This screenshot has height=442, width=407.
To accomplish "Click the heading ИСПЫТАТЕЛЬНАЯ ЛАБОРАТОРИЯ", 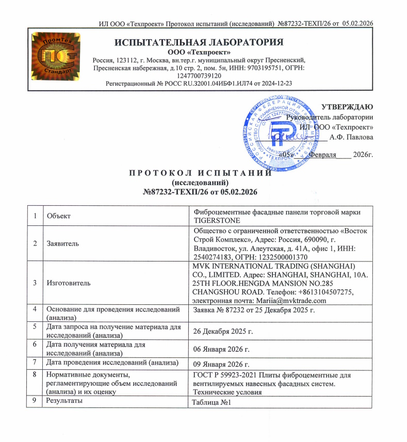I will click(x=199, y=42).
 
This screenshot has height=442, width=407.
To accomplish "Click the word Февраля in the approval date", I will click(x=322, y=154).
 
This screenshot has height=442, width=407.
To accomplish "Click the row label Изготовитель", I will click(x=69, y=283).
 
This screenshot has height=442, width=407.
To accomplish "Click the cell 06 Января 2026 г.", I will click(x=221, y=349).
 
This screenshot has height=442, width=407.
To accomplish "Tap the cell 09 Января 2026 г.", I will click(x=221, y=365).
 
